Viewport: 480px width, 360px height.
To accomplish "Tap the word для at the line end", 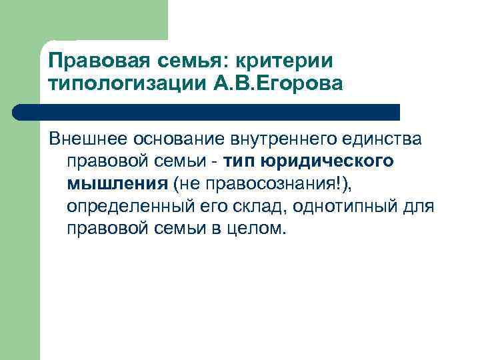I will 421,206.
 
